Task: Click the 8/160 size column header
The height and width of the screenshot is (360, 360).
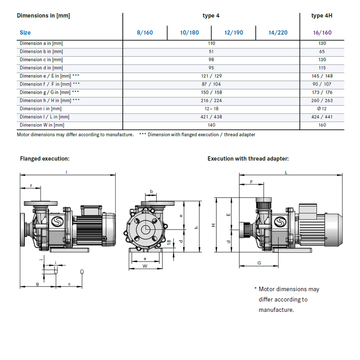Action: (145, 32)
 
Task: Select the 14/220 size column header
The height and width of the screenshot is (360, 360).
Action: (278, 32)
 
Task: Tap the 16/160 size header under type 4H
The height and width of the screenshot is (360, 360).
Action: (322, 32)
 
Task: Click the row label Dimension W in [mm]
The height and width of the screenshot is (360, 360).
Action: (42, 125)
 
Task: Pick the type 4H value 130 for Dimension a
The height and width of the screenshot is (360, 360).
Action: (322, 43)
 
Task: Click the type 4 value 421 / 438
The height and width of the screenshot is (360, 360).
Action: (211, 117)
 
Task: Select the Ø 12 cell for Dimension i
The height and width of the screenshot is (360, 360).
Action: (322, 108)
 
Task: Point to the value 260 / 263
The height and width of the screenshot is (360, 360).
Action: (322, 100)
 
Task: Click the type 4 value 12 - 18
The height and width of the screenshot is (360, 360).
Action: (211, 108)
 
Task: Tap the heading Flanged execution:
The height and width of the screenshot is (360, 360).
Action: (45, 159)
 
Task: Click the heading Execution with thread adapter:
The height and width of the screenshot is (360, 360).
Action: (248, 159)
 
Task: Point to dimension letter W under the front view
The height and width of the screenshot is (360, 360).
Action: (144, 266)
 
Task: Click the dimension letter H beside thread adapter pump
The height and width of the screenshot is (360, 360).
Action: (214, 225)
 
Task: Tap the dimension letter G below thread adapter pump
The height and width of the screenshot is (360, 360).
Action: (259, 262)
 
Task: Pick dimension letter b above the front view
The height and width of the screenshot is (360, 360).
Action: (151, 192)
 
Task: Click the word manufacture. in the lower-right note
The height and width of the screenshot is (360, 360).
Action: (276, 310)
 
